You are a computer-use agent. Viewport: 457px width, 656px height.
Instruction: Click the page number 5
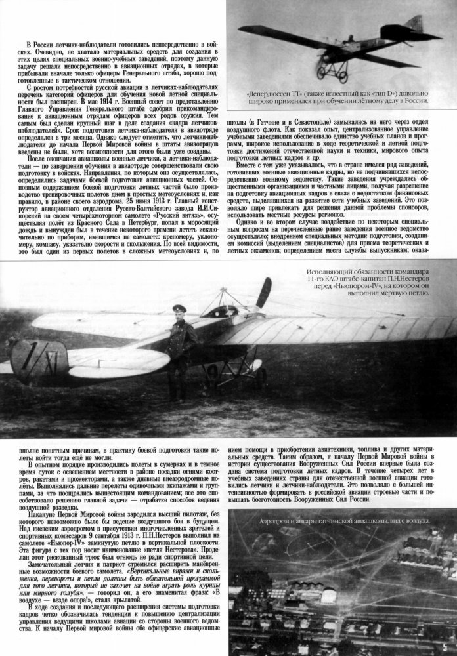448,648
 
